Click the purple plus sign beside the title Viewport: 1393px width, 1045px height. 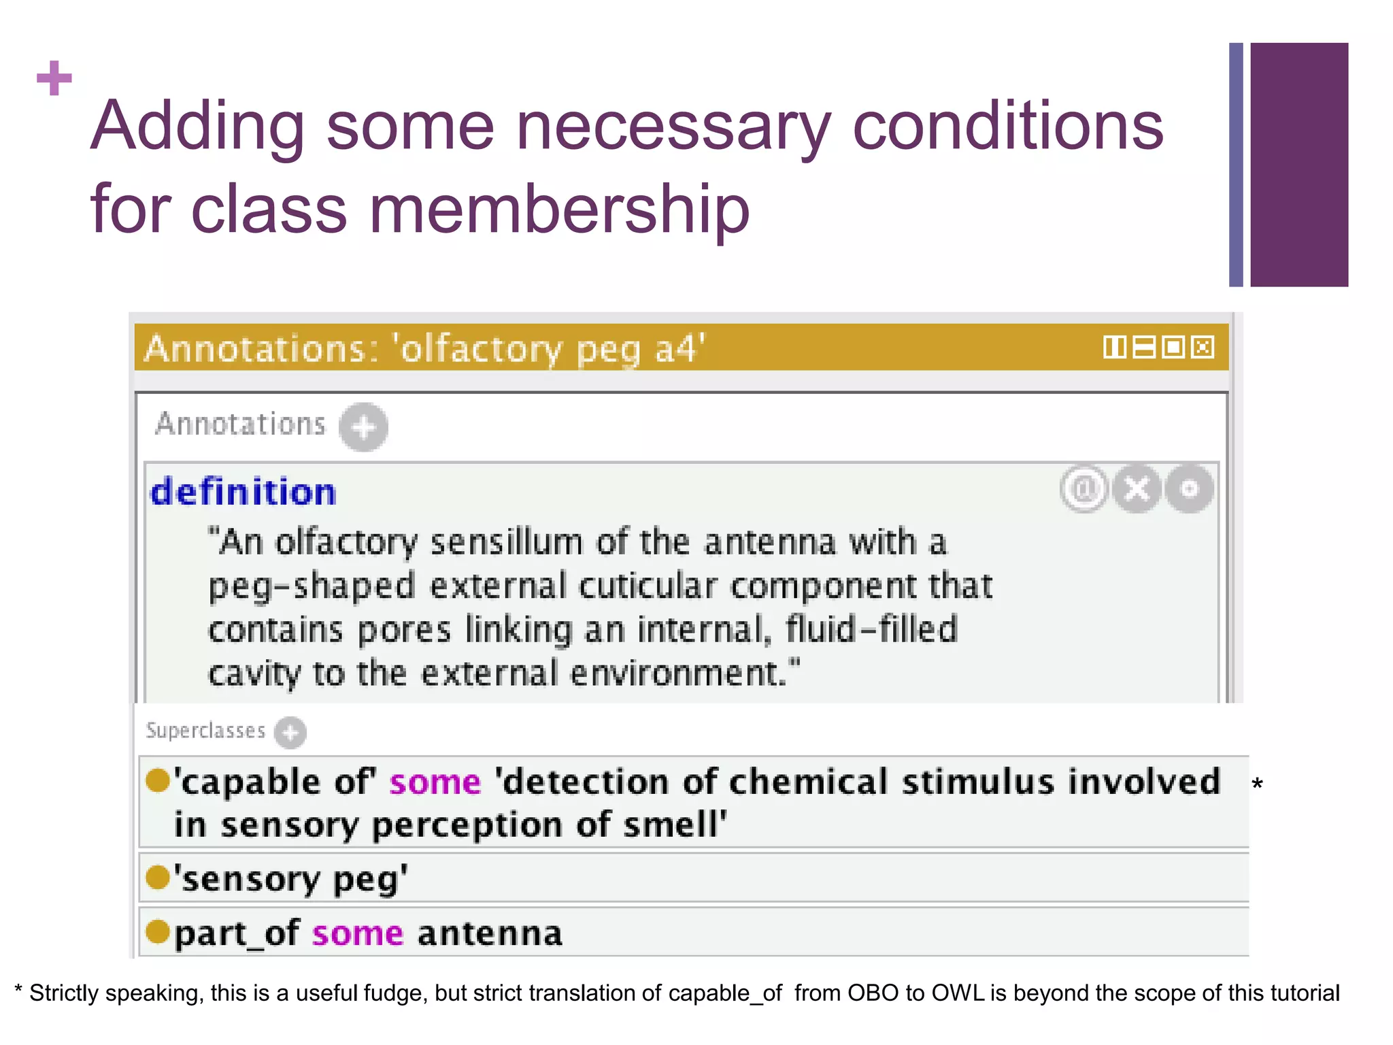coord(54,78)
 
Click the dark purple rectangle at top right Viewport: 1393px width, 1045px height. coord(1298,164)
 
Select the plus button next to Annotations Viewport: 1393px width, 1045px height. coord(364,427)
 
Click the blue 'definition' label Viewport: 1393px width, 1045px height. coord(244,492)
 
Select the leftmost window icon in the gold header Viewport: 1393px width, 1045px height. coord(1114,348)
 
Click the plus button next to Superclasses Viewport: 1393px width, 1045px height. coord(290,733)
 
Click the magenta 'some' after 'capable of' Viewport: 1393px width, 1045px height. coord(435,782)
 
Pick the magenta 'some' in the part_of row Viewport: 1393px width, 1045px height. coord(358,933)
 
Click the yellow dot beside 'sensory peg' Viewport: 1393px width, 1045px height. coord(158,877)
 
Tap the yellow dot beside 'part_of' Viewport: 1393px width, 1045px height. coord(158,931)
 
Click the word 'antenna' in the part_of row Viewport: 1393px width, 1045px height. coord(490,933)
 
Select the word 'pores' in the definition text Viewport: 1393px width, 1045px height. coord(404,630)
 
